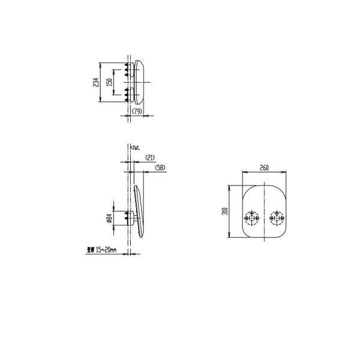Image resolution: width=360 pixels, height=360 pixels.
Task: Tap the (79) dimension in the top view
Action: click(x=137, y=112)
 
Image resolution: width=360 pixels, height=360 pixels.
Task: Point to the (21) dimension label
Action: click(x=151, y=157)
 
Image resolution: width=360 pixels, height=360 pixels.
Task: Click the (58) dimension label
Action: click(x=160, y=168)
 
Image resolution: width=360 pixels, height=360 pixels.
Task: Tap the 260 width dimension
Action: click(x=264, y=169)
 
